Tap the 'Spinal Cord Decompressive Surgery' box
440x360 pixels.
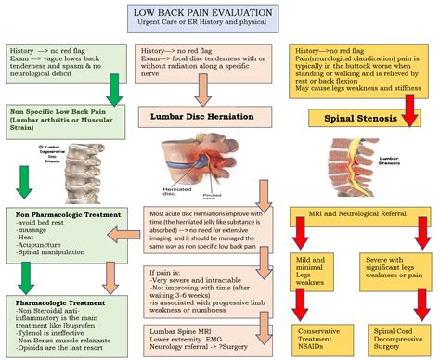(391, 336)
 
